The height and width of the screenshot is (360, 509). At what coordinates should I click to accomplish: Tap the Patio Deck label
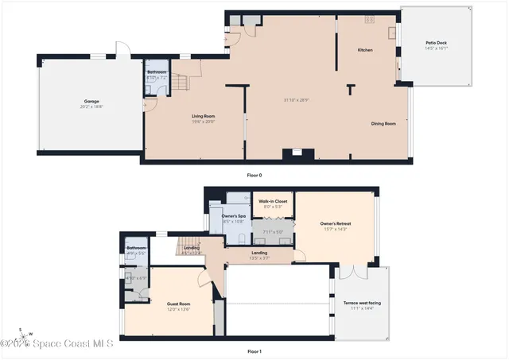(x=437, y=45)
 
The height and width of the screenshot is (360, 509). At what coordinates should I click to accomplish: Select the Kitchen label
(x=365, y=50)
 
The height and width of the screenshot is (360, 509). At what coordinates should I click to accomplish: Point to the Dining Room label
(x=383, y=123)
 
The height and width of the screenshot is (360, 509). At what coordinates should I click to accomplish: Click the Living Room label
(x=204, y=117)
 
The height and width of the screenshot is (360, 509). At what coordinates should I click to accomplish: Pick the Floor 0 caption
(x=254, y=175)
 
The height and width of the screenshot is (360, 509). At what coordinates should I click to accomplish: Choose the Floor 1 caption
(x=254, y=350)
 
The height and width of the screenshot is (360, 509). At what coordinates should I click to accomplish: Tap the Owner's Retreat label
(x=336, y=224)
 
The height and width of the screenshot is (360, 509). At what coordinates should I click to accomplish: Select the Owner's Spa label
(x=232, y=216)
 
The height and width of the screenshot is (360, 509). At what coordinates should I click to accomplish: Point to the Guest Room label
(x=178, y=304)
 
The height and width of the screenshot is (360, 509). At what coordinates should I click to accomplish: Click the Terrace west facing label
(x=363, y=304)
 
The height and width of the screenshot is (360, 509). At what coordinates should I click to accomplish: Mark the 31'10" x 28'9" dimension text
(x=297, y=99)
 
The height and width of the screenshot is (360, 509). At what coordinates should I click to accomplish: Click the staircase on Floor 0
(x=184, y=82)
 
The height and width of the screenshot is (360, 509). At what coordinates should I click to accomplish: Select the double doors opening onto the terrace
(x=355, y=273)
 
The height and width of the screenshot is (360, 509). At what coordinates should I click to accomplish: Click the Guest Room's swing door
(x=206, y=278)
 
